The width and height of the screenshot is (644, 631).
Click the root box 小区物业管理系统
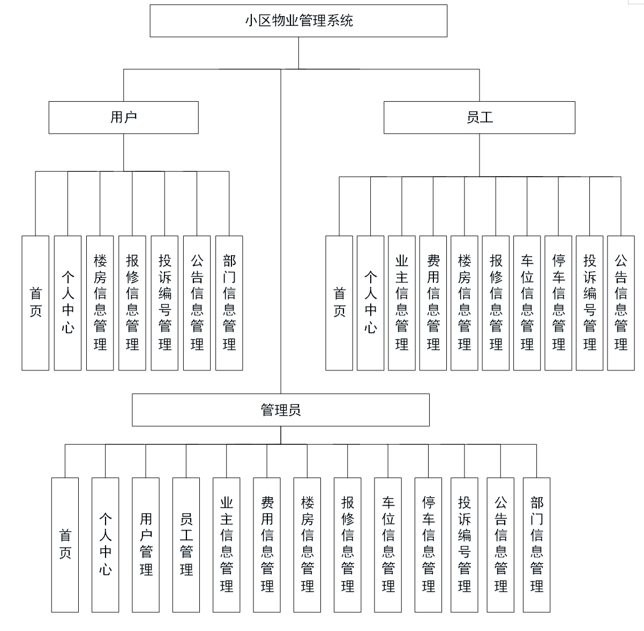(298, 21)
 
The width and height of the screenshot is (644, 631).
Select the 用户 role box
(123, 117)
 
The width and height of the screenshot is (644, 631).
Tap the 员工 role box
(479, 117)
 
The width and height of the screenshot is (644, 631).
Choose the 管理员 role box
(280, 410)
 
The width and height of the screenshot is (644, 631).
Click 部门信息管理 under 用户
(229, 303)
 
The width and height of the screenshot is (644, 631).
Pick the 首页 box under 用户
(35, 303)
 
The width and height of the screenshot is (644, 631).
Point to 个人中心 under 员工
(370, 303)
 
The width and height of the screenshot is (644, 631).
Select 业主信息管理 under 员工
(401, 303)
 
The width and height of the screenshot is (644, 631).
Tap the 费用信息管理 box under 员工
(433, 303)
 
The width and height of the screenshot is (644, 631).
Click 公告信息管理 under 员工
(620, 303)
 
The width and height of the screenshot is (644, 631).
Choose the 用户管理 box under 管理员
(146, 545)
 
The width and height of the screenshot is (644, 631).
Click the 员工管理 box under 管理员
(186, 545)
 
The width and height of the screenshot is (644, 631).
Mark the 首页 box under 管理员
(65, 545)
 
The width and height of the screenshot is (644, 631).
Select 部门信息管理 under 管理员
(536, 545)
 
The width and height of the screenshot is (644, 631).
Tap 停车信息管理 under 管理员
(428, 545)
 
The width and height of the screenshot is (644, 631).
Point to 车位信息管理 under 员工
(527, 303)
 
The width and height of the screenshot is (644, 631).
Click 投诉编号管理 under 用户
(164, 303)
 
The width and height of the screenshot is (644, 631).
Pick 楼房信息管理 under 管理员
(307, 545)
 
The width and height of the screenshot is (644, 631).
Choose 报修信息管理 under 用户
(132, 303)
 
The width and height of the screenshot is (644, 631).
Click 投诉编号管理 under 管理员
(465, 545)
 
